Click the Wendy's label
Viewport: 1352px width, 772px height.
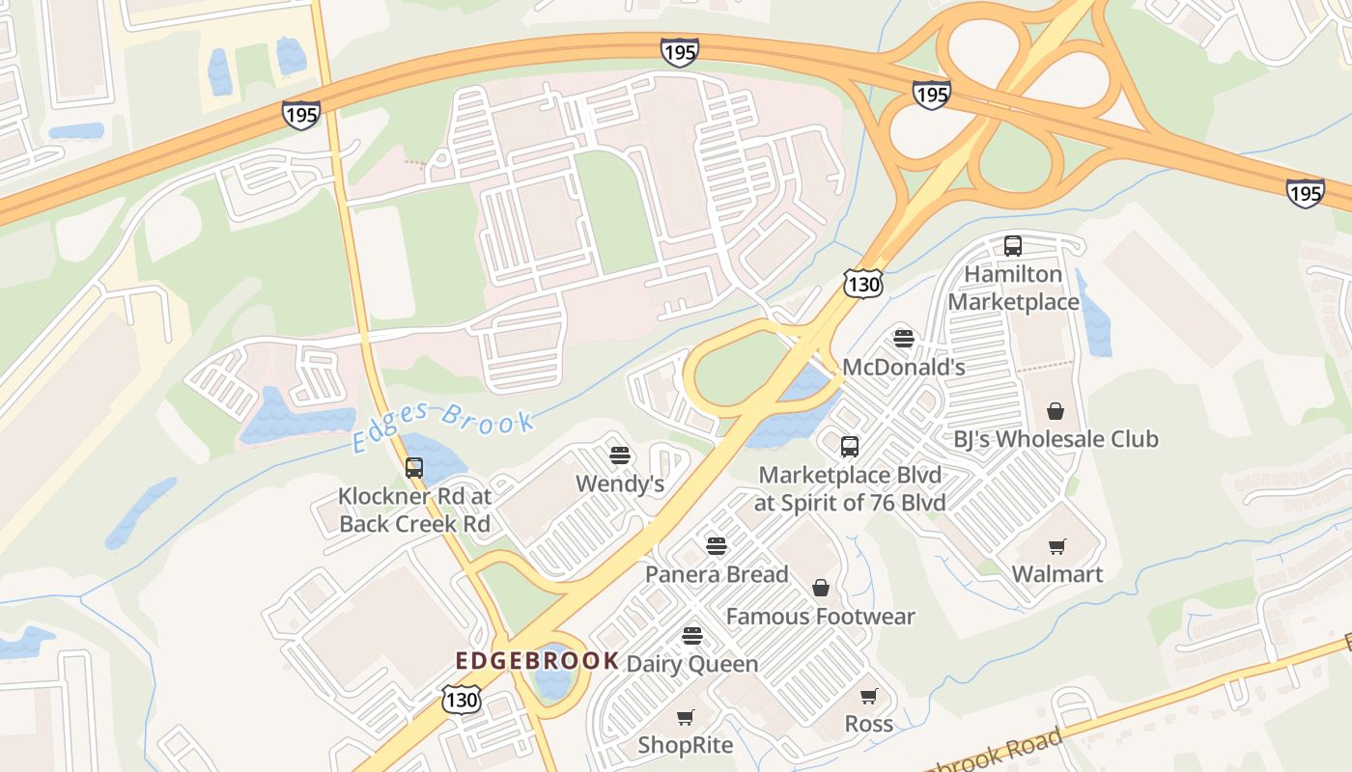click(x=620, y=483)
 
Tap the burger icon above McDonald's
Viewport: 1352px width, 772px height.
click(x=904, y=339)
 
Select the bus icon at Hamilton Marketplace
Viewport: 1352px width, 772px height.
click(x=1012, y=246)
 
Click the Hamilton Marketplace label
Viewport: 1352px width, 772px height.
click(x=1013, y=289)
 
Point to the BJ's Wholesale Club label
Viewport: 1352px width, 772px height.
click(x=1056, y=439)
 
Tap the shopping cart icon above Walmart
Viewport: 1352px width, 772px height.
click(x=1056, y=547)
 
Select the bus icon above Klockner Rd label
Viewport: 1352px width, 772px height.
click(x=414, y=468)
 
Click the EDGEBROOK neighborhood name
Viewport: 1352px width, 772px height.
click(x=537, y=661)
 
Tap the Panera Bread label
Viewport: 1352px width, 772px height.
click(x=717, y=574)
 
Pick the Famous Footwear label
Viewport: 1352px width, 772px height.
click(x=820, y=617)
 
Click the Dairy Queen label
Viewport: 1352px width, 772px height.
click(x=692, y=664)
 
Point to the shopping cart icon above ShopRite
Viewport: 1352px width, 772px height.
click(x=686, y=717)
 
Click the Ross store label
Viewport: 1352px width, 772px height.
click(x=868, y=724)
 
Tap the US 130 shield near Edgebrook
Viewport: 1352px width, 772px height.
click(x=462, y=699)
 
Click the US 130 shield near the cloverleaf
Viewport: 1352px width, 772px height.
click(x=862, y=283)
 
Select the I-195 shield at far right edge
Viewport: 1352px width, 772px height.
click(x=1305, y=193)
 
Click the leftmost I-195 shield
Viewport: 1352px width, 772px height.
click(x=301, y=116)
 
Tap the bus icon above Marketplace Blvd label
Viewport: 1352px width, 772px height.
click(x=850, y=447)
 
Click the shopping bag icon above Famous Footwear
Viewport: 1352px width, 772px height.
click(x=820, y=588)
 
